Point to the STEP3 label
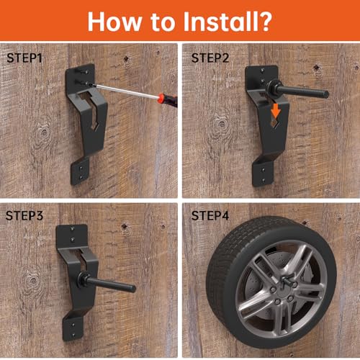coord(24,215)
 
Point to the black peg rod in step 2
coord(306,92)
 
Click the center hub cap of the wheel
coord(277,277)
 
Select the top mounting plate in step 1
coord(81,76)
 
